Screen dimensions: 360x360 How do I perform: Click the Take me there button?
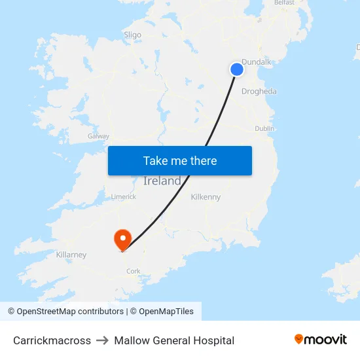click(x=180, y=160)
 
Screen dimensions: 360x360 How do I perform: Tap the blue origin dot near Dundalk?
click(x=237, y=69)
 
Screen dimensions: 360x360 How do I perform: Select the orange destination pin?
click(x=122, y=239)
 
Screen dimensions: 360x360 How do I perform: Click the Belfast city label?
click(x=284, y=3)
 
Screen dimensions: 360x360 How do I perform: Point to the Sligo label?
click(x=132, y=35)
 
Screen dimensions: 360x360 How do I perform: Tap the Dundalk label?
click(x=256, y=62)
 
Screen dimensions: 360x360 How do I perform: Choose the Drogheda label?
click(x=259, y=92)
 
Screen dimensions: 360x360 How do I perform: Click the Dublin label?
click(x=264, y=129)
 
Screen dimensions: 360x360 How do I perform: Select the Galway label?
click(x=98, y=136)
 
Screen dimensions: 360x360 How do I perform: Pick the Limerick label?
click(x=123, y=196)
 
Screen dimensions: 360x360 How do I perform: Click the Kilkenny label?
click(x=206, y=197)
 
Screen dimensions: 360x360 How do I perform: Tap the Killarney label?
click(x=71, y=255)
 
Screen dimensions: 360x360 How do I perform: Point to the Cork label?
click(x=134, y=271)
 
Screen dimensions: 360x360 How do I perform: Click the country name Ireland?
click(x=162, y=181)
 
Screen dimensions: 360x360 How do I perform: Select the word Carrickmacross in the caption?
click(x=52, y=340)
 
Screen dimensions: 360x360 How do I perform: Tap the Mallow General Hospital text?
click(x=174, y=340)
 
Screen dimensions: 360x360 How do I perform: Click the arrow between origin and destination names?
click(x=102, y=340)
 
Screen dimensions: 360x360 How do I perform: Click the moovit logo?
click(x=321, y=339)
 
